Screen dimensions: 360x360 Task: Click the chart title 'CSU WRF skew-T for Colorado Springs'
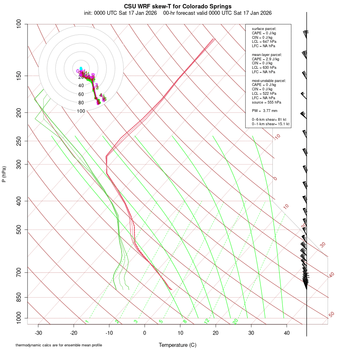click(178, 6)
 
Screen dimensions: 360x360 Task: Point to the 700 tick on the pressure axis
click(20, 273)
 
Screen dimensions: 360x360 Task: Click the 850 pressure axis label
click(20, 298)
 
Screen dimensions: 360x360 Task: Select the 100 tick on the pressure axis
click(20, 24)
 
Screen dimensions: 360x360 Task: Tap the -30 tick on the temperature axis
click(38, 332)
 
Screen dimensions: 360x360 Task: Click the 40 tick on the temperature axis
click(286, 332)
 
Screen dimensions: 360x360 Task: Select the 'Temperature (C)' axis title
click(178, 345)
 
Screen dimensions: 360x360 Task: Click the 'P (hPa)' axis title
click(4, 174)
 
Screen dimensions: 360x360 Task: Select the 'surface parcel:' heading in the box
click(264, 29)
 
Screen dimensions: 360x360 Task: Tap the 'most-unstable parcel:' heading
click(269, 80)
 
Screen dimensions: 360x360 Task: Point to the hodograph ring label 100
click(81, 111)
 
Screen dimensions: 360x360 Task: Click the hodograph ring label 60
click(81, 94)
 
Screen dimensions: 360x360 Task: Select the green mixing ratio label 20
click(236, 321)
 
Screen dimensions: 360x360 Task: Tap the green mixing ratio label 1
click(87, 322)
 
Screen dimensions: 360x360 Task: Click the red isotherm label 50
click(331, 315)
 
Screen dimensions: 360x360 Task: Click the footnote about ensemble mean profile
click(59, 345)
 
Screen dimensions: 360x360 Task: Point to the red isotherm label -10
click(277, 137)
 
